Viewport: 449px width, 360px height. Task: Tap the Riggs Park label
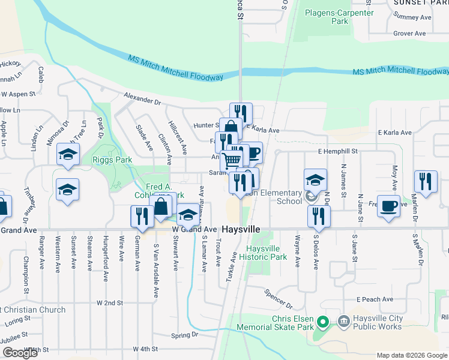click(112, 160)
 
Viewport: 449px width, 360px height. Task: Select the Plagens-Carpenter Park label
click(335, 17)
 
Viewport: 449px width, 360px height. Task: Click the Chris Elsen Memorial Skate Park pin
click(322, 323)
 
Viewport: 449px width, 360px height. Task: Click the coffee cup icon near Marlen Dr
click(388, 206)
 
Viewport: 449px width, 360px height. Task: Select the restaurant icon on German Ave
click(142, 217)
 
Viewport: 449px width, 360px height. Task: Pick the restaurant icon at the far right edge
click(425, 182)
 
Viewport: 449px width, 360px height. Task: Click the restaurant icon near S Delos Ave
click(319, 216)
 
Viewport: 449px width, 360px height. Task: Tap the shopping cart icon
click(232, 160)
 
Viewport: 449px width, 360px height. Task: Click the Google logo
click(20, 353)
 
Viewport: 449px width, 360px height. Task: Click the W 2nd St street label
click(110, 304)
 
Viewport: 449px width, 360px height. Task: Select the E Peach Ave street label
click(374, 299)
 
